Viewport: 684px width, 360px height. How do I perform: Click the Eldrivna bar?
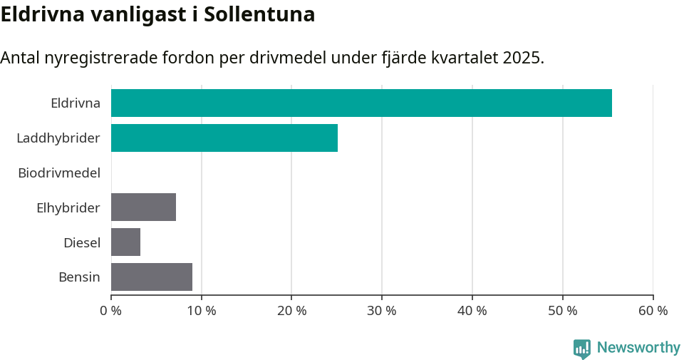pyautogui.click(x=361, y=103)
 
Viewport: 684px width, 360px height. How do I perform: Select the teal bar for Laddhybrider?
pyautogui.click(x=224, y=138)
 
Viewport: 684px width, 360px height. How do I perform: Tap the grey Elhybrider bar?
pyautogui.click(x=143, y=207)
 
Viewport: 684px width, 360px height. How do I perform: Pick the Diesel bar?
pyautogui.click(x=125, y=242)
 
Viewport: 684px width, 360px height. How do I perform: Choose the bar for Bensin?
pyautogui.click(x=152, y=277)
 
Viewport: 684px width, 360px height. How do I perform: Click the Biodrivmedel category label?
pyautogui.click(x=59, y=173)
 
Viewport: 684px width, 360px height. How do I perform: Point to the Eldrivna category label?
pyautogui.click(x=76, y=103)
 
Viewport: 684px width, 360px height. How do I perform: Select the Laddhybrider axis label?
pyautogui.click(x=58, y=138)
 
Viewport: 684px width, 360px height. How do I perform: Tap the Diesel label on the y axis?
pyautogui.click(x=82, y=242)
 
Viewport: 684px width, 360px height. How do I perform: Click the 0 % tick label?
pyautogui.click(x=110, y=311)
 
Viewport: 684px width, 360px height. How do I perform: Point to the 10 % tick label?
pyautogui.click(x=201, y=311)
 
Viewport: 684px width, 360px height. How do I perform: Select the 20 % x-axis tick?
pyautogui.click(x=291, y=311)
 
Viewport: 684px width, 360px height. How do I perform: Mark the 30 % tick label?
pyautogui.click(x=382, y=311)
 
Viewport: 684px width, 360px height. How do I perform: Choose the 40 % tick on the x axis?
pyautogui.click(x=472, y=311)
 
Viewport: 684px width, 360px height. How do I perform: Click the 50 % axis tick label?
pyautogui.click(x=563, y=311)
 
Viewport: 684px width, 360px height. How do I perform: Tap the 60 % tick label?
pyautogui.click(x=653, y=311)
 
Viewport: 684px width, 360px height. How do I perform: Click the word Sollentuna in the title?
pyautogui.click(x=259, y=14)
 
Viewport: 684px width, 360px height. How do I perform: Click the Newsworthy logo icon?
pyautogui.click(x=582, y=348)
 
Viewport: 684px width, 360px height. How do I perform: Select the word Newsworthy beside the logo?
pyautogui.click(x=638, y=347)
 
